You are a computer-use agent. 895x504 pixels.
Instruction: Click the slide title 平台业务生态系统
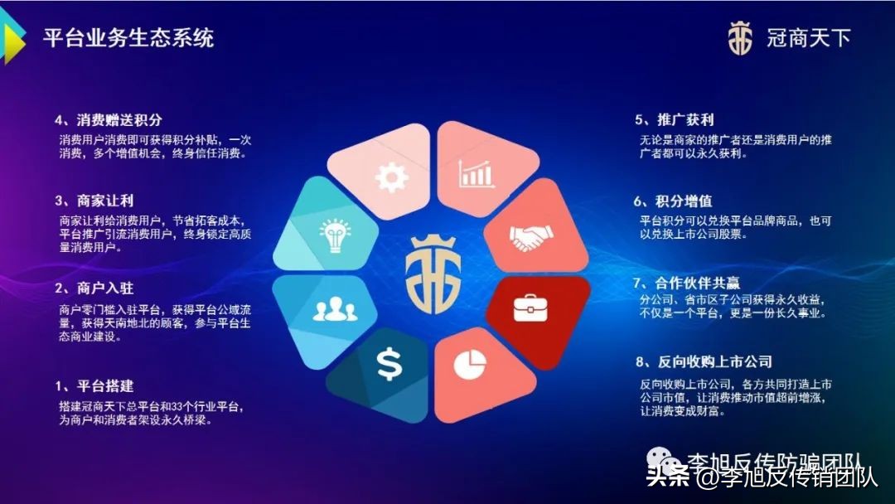[x=128, y=38]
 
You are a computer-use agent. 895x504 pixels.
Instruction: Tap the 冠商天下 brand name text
[x=809, y=38]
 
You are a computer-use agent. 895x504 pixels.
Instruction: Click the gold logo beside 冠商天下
[x=740, y=38]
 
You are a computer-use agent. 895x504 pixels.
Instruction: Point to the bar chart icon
[x=476, y=174]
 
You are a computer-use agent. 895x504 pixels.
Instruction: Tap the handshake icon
[x=530, y=240]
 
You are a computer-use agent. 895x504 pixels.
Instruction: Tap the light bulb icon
[x=332, y=235]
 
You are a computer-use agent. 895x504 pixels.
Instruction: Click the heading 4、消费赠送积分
[x=108, y=120]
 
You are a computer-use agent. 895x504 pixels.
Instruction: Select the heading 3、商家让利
[x=94, y=201]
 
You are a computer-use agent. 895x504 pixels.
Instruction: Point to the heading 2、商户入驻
[x=94, y=288]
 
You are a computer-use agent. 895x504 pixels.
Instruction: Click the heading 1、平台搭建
[x=94, y=386]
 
